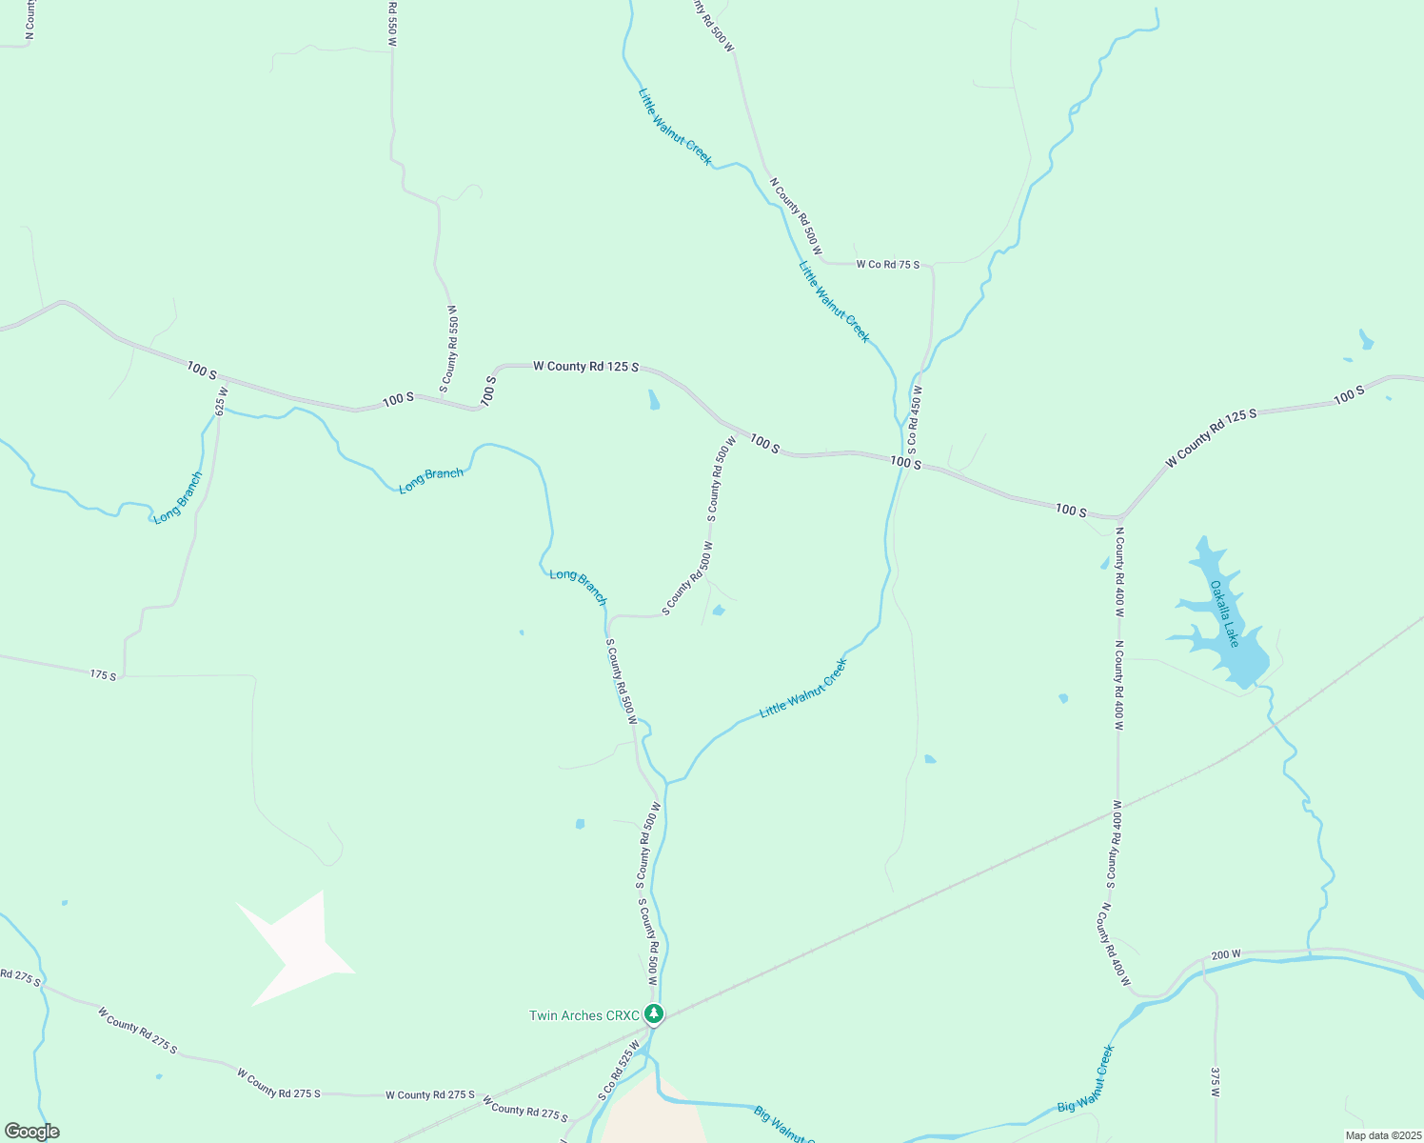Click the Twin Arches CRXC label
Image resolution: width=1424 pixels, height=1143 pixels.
tap(584, 1015)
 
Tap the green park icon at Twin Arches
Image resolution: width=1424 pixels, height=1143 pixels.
tap(653, 1013)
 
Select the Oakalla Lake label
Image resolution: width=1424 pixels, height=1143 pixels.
tap(1224, 613)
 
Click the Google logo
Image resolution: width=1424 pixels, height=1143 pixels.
tap(30, 1132)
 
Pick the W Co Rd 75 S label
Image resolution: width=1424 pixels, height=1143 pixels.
tap(887, 264)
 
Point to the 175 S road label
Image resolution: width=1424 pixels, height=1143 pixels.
tap(103, 675)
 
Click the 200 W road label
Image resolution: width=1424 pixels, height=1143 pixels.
tap(1226, 954)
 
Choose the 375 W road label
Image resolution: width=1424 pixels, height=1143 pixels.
tap(1215, 1082)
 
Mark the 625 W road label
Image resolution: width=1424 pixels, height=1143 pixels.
tap(222, 401)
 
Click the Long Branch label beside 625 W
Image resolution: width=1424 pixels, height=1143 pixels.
tap(178, 496)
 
